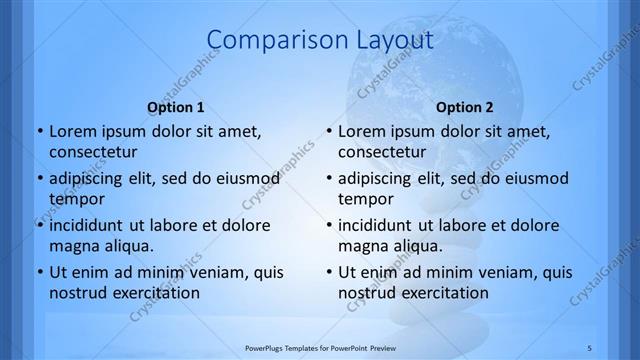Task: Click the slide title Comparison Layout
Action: click(x=319, y=41)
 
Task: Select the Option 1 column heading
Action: click(x=176, y=107)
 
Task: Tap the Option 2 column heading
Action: click(x=465, y=107)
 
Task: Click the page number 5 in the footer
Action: click(x=588, y=347)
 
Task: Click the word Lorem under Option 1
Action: click(x=71, y=131)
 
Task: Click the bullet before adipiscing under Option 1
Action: click(x=39, y=178)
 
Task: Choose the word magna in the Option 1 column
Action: click(x=73, y=245)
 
